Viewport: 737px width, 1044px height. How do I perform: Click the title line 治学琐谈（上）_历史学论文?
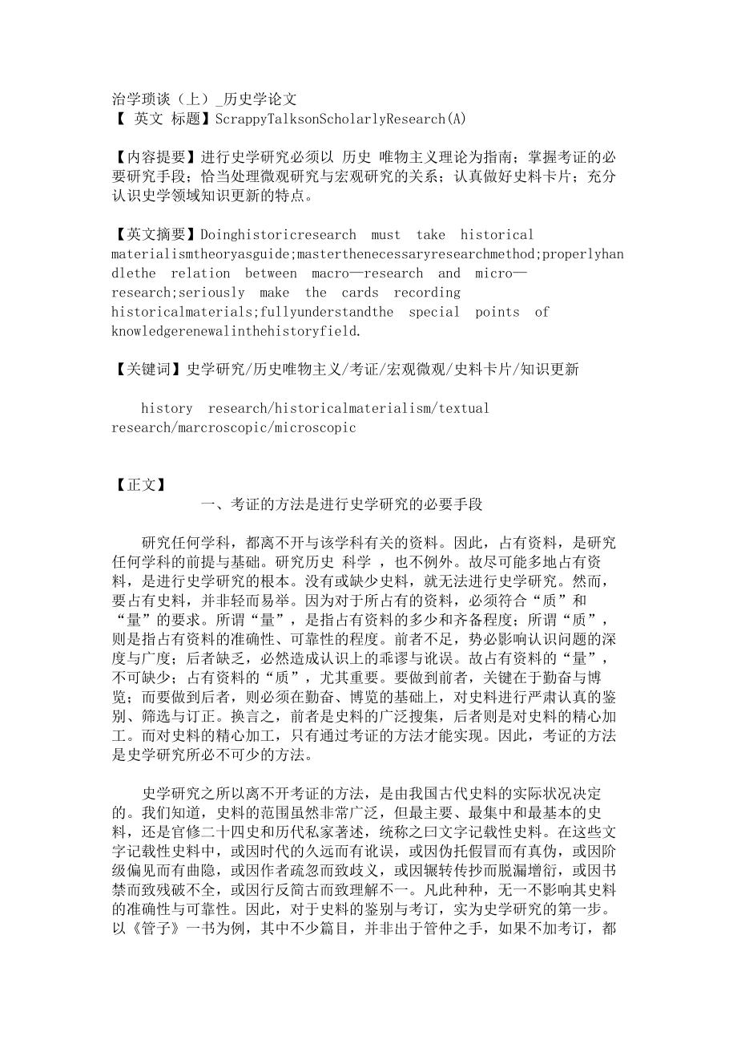[204, 99]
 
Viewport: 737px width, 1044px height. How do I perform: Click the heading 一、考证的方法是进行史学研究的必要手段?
[342, 504]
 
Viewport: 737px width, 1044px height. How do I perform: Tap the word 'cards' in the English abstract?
[360, 293]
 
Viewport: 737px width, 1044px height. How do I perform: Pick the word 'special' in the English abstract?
[434, 312]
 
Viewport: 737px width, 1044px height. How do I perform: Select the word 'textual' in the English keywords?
[465, 408]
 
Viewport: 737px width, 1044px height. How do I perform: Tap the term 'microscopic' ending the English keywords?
[315, 427]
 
